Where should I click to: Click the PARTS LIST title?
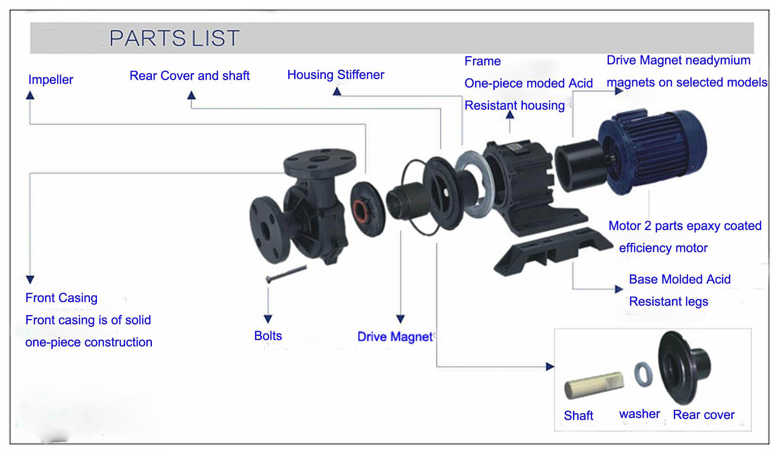click(174, 38)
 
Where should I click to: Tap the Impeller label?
click(51, 80)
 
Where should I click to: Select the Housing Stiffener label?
click(336, 75)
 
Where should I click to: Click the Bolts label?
click(268, 336)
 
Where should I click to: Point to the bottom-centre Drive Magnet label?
click(395, 337)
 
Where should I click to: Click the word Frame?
click(483, 61)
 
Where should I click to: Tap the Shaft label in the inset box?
click(579, 415)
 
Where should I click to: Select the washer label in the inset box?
click(640, 414)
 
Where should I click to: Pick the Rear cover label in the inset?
click(704, 415)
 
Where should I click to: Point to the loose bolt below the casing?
click(286, 274)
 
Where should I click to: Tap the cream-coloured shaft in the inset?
click(594, 385)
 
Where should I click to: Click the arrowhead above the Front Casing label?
click(30, 280)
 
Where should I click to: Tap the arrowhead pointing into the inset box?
click(550, 367)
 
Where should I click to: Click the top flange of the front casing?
click(320, 161)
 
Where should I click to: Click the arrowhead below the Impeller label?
click(30, 95)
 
